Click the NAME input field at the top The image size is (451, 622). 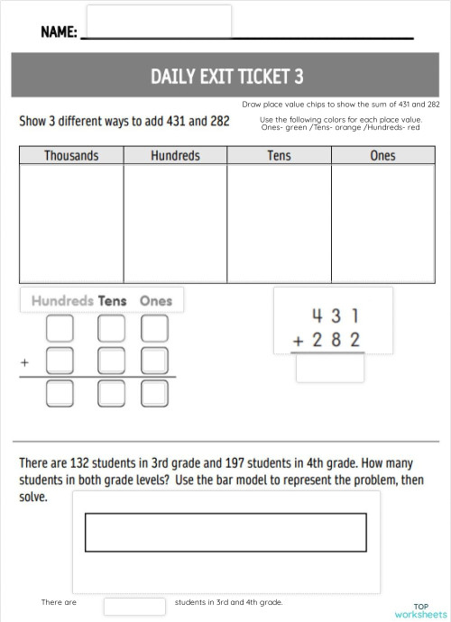(x=159, y=21)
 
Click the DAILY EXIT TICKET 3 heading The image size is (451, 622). (x=226, y=76)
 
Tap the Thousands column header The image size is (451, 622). (x=71, y=156)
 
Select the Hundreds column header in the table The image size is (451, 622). (x=175, y=156)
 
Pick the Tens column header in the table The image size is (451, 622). (x=279, y=156)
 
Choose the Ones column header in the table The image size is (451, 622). (x=382, y=156)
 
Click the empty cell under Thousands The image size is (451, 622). (x=71, y=220)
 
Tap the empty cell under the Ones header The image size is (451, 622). (x=382, y=220)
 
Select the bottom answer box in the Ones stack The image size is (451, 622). (x=155, y=392)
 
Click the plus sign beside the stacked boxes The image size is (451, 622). (x=24, y=362)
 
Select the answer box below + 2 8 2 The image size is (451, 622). (x=329, y=367)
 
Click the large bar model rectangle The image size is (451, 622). (x=225, y=532)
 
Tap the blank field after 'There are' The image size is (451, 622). (x=134, y=605)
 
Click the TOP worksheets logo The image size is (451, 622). (x=420, y=610)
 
